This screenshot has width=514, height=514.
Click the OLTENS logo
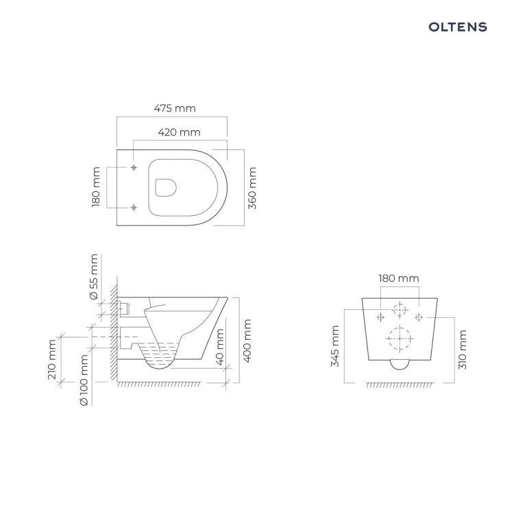(458, 27)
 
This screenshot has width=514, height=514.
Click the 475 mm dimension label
(175, 108)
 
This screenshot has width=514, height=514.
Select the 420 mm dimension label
(179, 132)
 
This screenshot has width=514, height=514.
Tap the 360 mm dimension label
(252, 188)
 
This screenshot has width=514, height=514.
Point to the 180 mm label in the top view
(96, 187)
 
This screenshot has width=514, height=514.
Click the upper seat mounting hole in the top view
(134, 167)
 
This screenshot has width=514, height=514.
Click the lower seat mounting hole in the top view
(134, 208)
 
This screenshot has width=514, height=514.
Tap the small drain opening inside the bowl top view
(166, 188)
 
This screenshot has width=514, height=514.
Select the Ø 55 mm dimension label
(94, 277)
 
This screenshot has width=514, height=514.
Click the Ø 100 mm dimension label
(84, 380)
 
